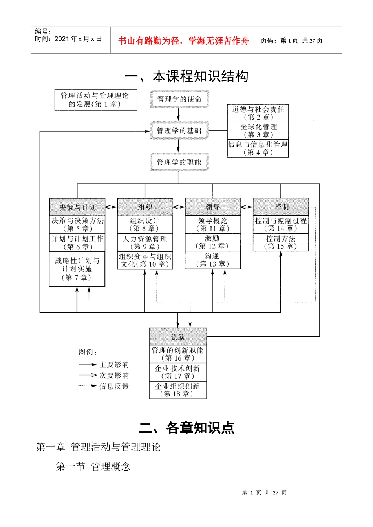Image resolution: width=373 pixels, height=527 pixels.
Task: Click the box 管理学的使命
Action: coord(179,99)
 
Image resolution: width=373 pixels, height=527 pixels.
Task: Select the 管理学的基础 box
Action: coord(179,131)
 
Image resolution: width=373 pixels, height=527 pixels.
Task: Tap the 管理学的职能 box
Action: coord(179,162)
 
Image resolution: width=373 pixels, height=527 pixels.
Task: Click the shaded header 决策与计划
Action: coord(77,207)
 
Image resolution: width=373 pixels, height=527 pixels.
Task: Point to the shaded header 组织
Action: coord(145,207)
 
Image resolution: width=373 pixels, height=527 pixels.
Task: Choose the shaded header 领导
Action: coord(213,207)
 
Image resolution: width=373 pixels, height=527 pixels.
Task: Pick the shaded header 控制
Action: coord(281,207)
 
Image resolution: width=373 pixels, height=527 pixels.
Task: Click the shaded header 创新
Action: coord(178,336)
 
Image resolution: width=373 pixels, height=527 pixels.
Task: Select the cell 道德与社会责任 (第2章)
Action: coord(258,113)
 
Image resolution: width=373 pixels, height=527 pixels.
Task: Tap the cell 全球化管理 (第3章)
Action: coord(258,131)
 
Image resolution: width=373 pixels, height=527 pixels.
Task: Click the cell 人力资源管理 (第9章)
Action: coord(145,242)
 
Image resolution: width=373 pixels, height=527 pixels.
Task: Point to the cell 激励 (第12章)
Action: coord(212,242)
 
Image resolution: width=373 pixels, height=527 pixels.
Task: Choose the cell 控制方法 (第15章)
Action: coord(281,242)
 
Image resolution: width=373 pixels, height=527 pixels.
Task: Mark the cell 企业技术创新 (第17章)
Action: coord(178,372)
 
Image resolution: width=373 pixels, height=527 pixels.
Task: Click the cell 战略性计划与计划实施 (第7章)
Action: coord(77,269)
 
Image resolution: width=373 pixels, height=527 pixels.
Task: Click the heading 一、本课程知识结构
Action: coord(186,76)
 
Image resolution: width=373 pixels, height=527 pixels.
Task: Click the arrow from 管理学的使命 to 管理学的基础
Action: coord(178,114)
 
